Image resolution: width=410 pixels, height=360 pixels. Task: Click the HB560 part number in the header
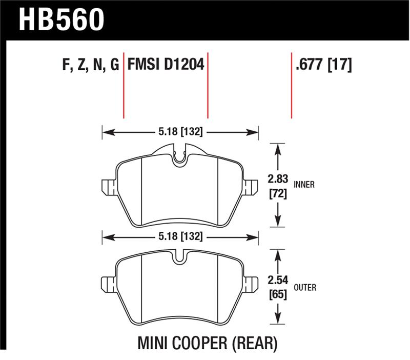click(61, 19)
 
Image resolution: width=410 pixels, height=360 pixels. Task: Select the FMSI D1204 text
click(166, 65)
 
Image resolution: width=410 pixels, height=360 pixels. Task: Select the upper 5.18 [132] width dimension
click(180, 132)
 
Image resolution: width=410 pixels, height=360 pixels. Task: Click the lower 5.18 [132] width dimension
click(180, 237)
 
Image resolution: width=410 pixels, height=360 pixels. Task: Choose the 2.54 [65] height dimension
click(277, 288)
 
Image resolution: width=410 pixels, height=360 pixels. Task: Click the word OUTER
click(305, 288)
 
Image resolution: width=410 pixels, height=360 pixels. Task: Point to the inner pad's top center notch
click(179, 156)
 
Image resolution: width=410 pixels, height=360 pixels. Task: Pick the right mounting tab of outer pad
click(251, 284)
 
